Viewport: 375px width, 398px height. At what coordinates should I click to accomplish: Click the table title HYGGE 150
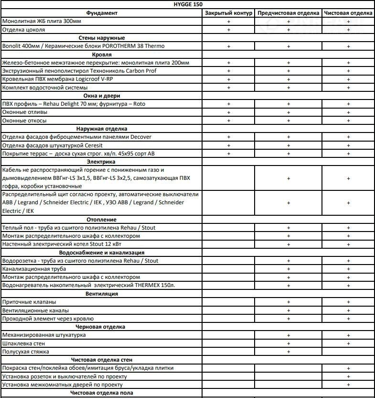187,4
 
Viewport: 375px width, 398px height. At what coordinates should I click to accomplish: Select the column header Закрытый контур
228,13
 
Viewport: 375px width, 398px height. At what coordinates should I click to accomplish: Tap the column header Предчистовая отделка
289,13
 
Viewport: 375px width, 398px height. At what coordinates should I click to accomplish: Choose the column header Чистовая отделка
348,13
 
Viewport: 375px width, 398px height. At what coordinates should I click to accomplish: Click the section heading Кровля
101,55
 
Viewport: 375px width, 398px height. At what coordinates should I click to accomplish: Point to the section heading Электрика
101,162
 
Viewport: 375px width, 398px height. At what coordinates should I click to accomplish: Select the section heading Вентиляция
101,294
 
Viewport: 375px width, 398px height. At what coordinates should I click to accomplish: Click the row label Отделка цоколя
24,30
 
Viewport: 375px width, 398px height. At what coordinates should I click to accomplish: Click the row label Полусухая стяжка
26,352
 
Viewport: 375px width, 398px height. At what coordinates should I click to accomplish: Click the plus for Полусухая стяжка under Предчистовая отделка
289,352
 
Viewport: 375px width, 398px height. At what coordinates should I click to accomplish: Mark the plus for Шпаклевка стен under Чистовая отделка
349,343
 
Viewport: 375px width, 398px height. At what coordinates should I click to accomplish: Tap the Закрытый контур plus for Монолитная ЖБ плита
228,22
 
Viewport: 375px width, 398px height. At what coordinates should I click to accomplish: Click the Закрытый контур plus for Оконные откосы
228,121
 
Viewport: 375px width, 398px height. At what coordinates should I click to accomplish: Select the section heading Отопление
101,220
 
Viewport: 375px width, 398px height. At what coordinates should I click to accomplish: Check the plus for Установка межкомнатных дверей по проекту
349,385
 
